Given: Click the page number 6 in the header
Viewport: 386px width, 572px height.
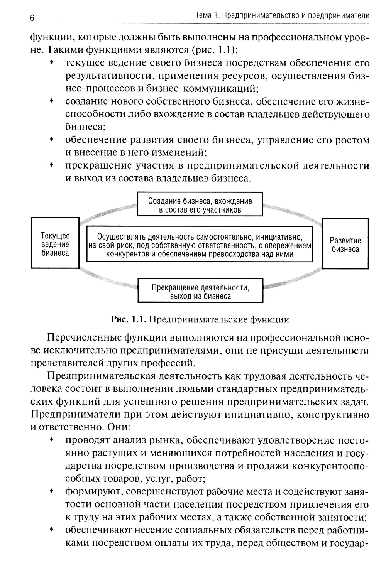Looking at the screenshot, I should [x=32, y=18].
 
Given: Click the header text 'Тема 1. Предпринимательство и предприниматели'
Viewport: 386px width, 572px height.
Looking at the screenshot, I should [x=282, y=16].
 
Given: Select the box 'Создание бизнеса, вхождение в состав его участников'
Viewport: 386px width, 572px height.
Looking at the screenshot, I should [x=200, y=205].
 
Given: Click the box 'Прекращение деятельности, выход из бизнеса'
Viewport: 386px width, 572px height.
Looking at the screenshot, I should [x=200, y=292].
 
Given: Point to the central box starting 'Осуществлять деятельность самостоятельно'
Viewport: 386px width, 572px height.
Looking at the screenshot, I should [x=200, y=245].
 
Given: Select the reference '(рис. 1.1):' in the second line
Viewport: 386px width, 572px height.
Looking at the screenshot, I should [x=217, y=50].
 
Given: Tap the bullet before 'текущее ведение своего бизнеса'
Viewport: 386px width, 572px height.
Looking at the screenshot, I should [x=51, y=62].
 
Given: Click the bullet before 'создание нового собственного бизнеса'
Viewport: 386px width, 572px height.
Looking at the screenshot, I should [x=51, y=101].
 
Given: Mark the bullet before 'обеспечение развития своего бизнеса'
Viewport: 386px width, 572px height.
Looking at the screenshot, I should [x=51, y=139].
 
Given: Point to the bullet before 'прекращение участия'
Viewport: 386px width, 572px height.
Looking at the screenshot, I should [x=51, y=165].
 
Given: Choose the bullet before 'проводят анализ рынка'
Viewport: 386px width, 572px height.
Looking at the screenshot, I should [x=51, y=440].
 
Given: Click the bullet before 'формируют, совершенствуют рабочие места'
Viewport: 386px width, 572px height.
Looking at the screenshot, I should [x=51, y=491].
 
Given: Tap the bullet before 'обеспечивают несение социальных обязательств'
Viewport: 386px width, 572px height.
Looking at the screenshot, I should [x=51, y=530].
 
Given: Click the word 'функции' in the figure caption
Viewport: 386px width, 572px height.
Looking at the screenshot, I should [x=270, y=319].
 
